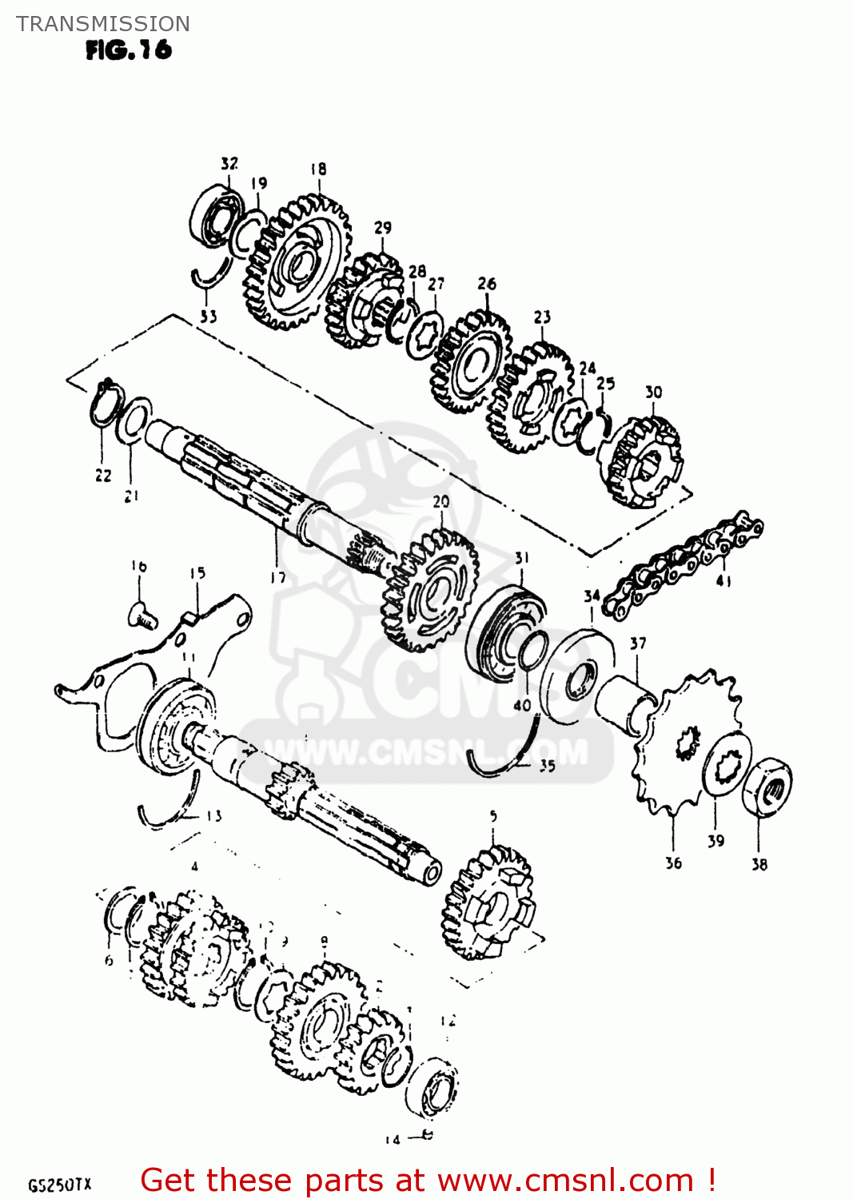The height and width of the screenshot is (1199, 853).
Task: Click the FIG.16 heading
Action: pos(128,50)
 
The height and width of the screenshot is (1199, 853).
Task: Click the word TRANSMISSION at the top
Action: pos(103,24)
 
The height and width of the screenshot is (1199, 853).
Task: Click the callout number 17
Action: pos(277,577)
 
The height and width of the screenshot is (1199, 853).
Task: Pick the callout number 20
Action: pos(441,502)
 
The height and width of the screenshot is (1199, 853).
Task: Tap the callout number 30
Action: pos(654,392)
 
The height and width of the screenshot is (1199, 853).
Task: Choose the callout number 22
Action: pos(103,476)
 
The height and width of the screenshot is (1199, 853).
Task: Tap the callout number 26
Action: pos(487,284)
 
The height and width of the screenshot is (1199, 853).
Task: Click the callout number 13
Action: pos(213,816)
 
